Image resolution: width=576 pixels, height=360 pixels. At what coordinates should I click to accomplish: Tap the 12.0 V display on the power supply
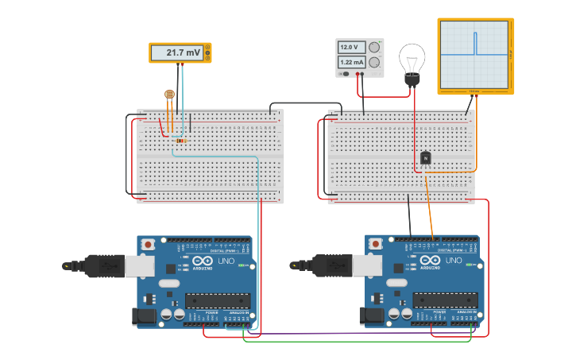tap(351, 47)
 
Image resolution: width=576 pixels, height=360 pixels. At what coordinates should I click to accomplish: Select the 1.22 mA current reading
tap(351, 62)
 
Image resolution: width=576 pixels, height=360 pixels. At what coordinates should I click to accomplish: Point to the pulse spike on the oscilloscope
tap(475, 43)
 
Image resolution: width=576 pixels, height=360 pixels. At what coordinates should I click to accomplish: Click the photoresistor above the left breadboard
tap(169, 94)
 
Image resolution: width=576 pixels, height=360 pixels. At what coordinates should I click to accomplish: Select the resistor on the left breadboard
tap(181, 141)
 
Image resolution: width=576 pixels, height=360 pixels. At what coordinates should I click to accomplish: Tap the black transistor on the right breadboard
tap(426, 158)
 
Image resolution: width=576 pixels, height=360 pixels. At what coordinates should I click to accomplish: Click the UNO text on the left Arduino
tap(225, 261)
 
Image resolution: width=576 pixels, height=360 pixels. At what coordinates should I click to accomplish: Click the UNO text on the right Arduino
tap(454, 261)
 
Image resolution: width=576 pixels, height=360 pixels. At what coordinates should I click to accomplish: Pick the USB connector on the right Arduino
tap(366, 265)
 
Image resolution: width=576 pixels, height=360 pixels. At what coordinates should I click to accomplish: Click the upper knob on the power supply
tap(373, 47)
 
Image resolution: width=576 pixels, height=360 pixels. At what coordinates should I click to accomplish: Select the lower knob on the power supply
tap(373, 62)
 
